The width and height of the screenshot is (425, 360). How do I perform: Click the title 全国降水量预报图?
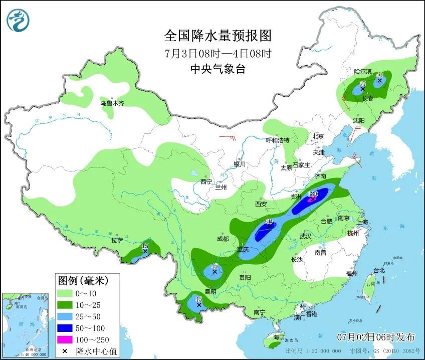pos(218,36)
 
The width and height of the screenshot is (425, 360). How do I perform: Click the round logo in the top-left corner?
pos(18,20)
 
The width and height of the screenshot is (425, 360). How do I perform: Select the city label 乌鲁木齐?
pos(112,103)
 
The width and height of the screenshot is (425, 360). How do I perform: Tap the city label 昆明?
pos(210,291)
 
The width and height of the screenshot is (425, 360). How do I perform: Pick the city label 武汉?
pos(305,236)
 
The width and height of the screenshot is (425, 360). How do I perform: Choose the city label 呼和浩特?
pos(277,140)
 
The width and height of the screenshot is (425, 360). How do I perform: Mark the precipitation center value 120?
pos(313,194)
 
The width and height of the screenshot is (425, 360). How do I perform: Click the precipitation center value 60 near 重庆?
pos(269,221)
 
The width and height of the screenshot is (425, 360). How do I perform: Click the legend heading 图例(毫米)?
pos(82,279)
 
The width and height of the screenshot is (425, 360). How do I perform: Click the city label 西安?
pos(261,204)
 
